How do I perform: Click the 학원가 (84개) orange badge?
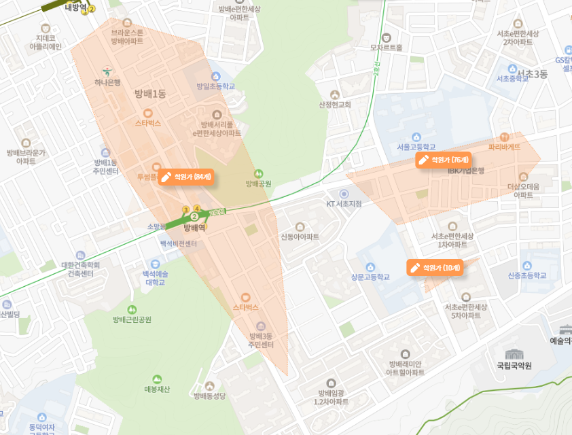pyautogui.click(x=186, y=177)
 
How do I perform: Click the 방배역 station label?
pyautogui.click(x=194, y=228)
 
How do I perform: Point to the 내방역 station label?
pyautogui.click(x=76, y=7)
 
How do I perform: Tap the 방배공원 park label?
pyautogui.click(x=258, y=184)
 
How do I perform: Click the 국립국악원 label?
pyautogui.click(x=514, y=366)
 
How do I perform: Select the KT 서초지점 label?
pyautogui.click(x=344, y=203)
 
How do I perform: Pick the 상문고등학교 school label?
pyautogui.click(x=370, y=277)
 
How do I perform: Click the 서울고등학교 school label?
pyautogui.click(x=416, y=147)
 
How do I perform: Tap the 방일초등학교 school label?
pyautogui.click(x=215, y=86)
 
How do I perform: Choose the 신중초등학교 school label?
pyautogui.click(x=526, y=275)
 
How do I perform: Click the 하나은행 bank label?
pyautogui.click(x=107, y=82)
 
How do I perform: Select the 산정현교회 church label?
pyautogui.click(x=334, y=105)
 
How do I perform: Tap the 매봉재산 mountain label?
pyautogui.click(x=158, y=389)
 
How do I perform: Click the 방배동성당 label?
pyautogui.click(x=209, y=396)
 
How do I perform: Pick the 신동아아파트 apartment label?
pyautogui.click(x=300, y=237)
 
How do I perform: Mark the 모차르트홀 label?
pyautogui.click(x=386, y=48)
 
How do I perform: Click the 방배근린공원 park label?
pyautogui.click(x=132, y=319)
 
